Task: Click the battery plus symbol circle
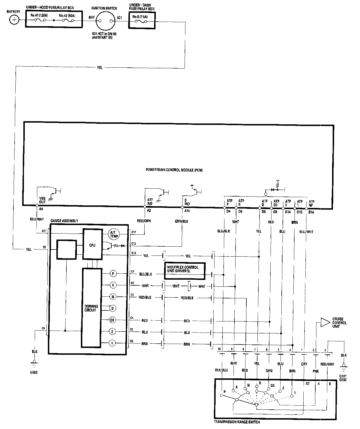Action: [13, 20]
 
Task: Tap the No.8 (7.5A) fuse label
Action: [140, 17]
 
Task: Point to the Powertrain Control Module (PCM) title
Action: [174, 170]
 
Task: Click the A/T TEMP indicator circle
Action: [114, 234]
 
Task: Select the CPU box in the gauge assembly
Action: [92, 245]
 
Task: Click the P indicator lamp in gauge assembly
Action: [113, 274]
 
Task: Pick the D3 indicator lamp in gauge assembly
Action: [112, 320]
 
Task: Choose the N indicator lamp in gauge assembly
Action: [113, 297]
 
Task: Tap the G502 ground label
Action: [34, 371]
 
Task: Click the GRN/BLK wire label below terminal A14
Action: [182, 221]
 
